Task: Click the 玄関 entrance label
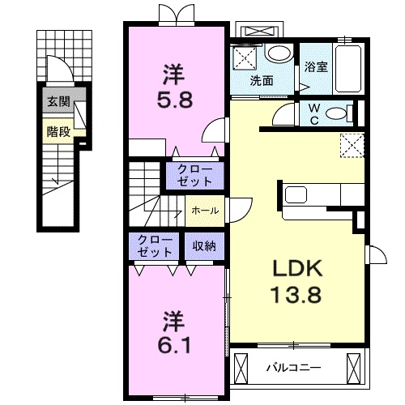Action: coord(58,102)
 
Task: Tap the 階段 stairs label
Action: coord(58,132)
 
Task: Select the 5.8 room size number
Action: coord(175,100)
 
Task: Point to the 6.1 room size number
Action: coord(174,345)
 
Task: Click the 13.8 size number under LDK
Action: coord(296,294)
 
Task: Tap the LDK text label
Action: coord(298,268)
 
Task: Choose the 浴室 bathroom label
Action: coord(316,67)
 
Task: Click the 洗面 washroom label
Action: coord(262,81)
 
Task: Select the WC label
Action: coord(313,114)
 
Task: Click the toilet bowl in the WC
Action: coord(336,113)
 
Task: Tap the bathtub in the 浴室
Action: coord(347,69)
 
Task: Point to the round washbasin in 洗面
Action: coord(279,53)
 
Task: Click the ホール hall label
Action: coord(205,211)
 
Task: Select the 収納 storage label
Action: coord(204,246)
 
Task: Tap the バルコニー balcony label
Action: coord(294,368)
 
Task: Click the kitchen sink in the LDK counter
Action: coord(296,194)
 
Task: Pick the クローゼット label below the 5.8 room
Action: coord(194,176)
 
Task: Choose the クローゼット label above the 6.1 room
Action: coord(155,245)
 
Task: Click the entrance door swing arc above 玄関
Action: coord(65,65)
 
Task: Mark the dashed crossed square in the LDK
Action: coord(352,145)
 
